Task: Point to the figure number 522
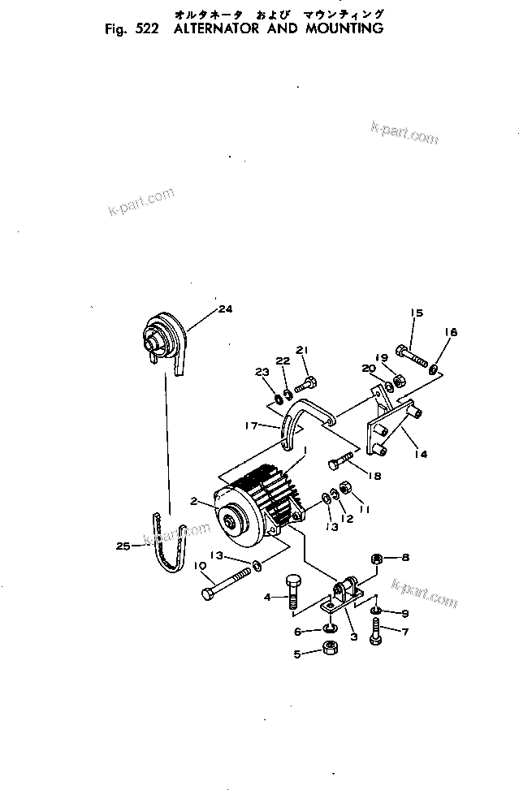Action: coord(146,28)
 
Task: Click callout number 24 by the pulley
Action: coord(225,309)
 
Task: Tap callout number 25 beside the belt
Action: coord(123,546)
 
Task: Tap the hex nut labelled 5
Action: coord(331,648)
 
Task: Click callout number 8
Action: coord(405,558)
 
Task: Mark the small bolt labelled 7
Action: coord(375,630)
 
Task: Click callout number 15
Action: coord(417,313)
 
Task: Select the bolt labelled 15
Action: coord(413,354)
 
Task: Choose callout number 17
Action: coord(252,425)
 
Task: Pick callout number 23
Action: coord(262,373)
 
